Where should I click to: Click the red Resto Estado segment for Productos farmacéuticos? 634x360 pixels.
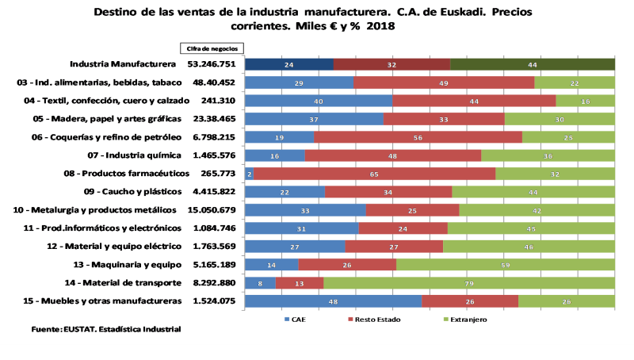(374, 174)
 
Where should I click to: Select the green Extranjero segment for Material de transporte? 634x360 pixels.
(469, 282)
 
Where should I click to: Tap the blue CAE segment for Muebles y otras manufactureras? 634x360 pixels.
(333, 301)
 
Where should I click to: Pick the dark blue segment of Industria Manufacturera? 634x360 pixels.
(289, 64)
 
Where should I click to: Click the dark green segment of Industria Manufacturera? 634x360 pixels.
(533, 64)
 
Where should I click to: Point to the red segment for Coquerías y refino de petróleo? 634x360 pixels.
(418, 137)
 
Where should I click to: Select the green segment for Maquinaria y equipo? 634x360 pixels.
(506, 265)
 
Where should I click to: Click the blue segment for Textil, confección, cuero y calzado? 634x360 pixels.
(319, 101)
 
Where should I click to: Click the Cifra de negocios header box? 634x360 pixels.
(211, 48)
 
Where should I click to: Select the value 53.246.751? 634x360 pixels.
(211, 64)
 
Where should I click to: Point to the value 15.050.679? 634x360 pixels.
(211, 210)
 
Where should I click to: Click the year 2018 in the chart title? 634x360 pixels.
(380, 26)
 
